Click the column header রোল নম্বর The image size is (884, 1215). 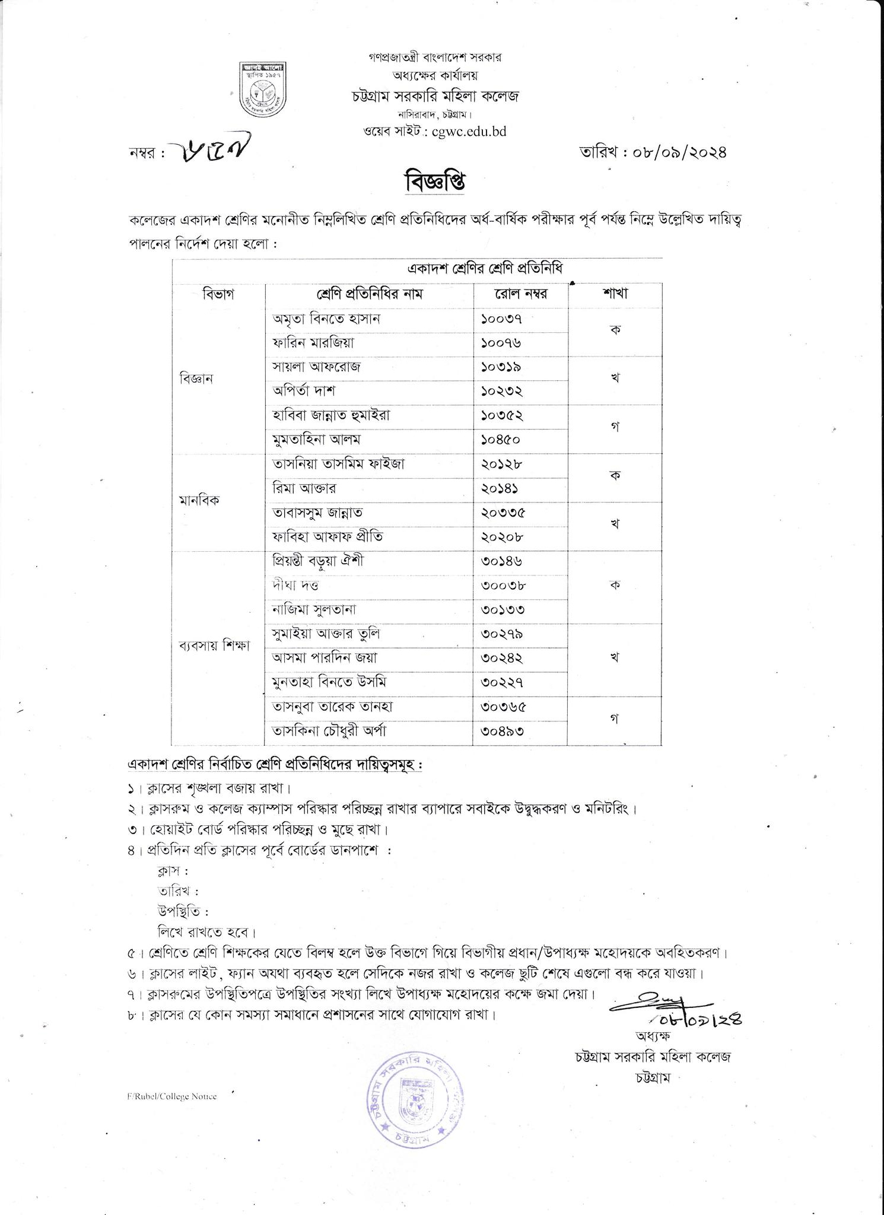pos(520,294)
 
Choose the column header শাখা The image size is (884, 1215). pos(615,293)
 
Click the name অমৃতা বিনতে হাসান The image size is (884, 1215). pos(326,319)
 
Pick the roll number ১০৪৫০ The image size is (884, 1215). pos(501,440)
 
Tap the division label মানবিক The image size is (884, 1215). pos(199,500)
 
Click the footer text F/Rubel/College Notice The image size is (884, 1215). pos(171,1096)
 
